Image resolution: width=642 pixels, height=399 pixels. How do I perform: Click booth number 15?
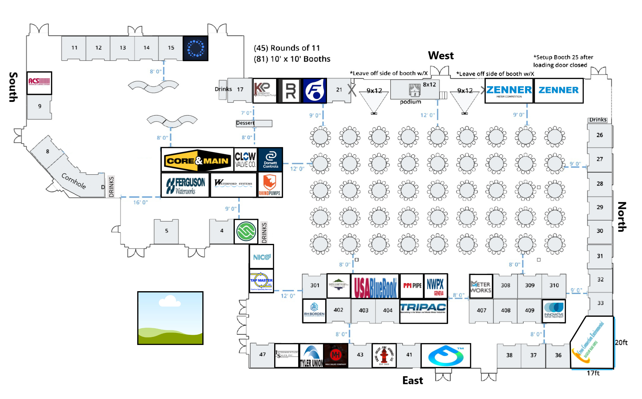[x=171, y=48]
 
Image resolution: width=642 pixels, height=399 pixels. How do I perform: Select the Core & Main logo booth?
[x=197, y=160]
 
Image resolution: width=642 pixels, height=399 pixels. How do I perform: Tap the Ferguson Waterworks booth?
[x=185, y=185]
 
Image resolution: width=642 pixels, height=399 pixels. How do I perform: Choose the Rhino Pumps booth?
[x=270, y=185]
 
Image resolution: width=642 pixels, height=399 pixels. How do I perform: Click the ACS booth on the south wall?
[x=39, y=83]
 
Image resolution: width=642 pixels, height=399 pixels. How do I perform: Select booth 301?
[x=314, y=286]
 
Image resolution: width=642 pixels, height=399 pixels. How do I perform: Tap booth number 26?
[x=599, y=135]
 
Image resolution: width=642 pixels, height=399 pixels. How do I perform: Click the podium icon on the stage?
[x=414, y=90]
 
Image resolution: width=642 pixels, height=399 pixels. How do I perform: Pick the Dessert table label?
[x=245, y=123]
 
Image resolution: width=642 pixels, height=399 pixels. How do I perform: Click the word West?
[x=441, y=56]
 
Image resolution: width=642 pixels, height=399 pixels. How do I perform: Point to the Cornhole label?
[x=74, y=181]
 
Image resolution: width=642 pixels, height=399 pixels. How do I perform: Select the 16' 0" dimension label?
[x=140, y=202]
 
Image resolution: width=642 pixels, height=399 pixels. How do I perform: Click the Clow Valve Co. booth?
[x=245, y=160]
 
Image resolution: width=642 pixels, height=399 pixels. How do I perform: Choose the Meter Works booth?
[x=481, y=287]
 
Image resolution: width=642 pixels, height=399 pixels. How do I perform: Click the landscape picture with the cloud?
[x=170, y=318]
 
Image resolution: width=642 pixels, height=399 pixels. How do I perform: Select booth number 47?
[x=262, y=355]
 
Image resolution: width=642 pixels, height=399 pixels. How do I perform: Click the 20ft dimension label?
[x=621, y=342]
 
